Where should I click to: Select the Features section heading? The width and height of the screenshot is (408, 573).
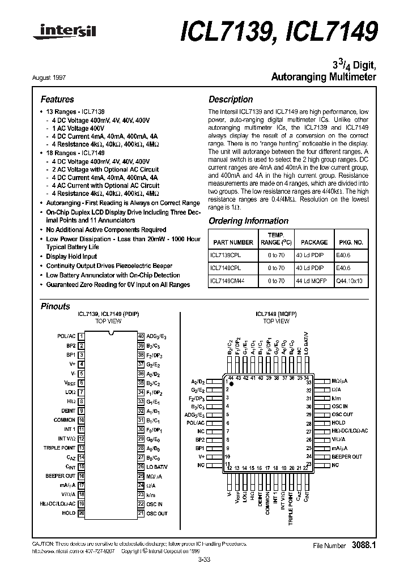click(x=57, y=99)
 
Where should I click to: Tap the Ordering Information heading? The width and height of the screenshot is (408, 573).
click(x=248, y=221)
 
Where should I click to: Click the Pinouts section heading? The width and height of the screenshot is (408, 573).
click(x=56, y=306)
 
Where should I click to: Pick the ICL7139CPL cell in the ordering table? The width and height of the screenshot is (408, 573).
click(x=225, y=255)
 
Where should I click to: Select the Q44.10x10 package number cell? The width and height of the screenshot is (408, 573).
click(x=350, y=280)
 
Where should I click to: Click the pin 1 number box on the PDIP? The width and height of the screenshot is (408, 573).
click(x=82, y=336)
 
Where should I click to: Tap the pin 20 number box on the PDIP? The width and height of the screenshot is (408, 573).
click(x=82, y=513)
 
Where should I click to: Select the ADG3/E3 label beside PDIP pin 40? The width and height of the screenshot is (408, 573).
click(x=156, y=336)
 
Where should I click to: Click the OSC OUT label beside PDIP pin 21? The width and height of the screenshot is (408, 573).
click(x=156, y=513)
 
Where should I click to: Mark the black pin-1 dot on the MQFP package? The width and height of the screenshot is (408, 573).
click(x=231, y=383)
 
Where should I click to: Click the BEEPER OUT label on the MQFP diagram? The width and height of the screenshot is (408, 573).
click(x=347, y=456)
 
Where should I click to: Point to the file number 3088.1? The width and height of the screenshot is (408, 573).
click(x=363, y=545)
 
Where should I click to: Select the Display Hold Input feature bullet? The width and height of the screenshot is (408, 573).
click(x=71, y=256)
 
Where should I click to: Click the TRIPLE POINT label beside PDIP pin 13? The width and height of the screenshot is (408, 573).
click(x=59, y=448)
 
